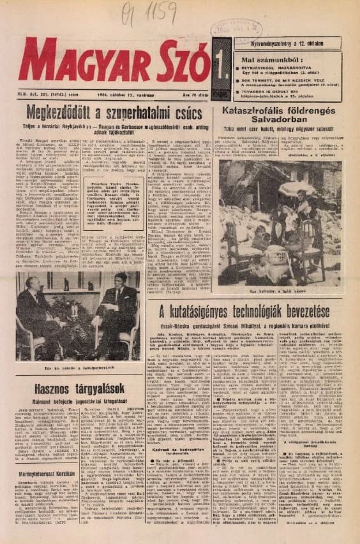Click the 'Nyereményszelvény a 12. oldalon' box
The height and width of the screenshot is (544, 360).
[x=287, y=42]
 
